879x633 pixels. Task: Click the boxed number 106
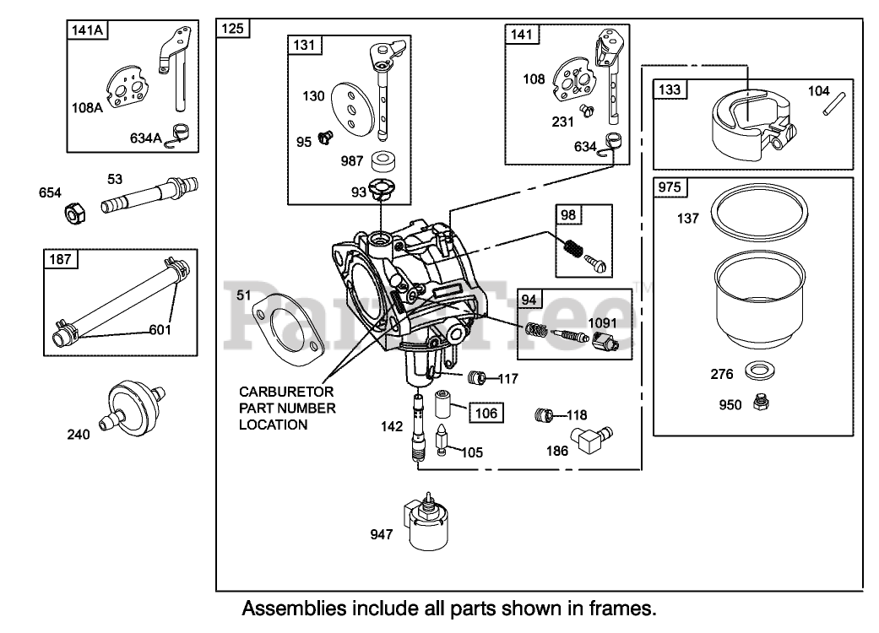[488, 413]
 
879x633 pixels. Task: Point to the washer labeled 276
[757, 371]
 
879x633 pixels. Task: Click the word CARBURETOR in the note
[274, 392]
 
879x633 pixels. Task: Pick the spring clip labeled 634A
[178, 134]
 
